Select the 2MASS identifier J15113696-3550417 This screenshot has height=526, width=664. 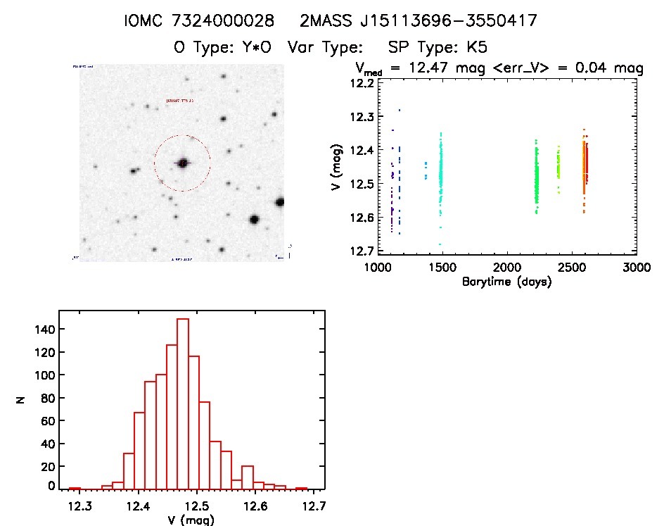tap(435, 21)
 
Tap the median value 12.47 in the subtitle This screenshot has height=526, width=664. tap(423, 69)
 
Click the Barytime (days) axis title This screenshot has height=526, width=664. tap(506, 282)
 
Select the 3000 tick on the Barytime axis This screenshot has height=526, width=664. tap(636, 268)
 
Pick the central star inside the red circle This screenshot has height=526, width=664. tap(183, 163)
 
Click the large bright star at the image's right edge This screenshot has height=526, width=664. tap(280, 202)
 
